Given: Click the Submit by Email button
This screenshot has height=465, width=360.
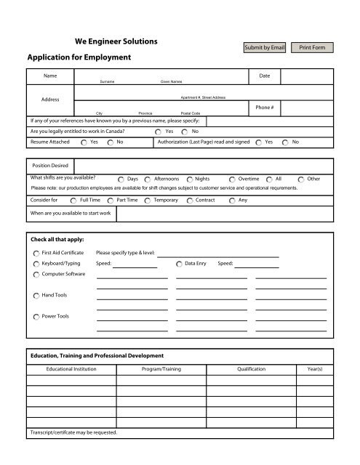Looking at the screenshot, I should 264,47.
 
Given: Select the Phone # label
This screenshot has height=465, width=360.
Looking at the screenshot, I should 264,107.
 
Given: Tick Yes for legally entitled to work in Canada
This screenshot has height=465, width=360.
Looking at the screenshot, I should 159,132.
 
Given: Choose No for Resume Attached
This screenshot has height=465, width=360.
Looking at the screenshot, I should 110,143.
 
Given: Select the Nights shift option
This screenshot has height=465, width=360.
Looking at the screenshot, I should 191,178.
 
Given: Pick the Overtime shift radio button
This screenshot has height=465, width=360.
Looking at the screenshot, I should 232,178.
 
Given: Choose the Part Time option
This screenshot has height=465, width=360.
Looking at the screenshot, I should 110,199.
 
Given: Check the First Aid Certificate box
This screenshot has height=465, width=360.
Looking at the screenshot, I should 37,253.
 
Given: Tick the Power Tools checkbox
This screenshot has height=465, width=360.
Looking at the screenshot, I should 37,317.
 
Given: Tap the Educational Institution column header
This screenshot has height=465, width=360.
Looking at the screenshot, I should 71,370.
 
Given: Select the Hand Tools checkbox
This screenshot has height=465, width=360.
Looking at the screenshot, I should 37,295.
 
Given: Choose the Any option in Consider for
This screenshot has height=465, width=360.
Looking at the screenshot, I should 232,199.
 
